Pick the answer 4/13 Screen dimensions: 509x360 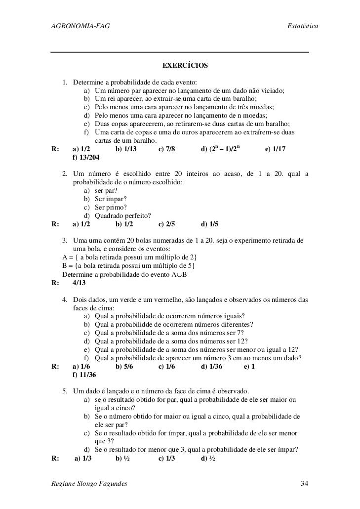tap(79, 283)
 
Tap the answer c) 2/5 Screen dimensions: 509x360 tap(167, 224)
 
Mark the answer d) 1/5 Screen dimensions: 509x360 tap(210, 224)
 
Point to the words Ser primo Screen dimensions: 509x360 tap(111, 207)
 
